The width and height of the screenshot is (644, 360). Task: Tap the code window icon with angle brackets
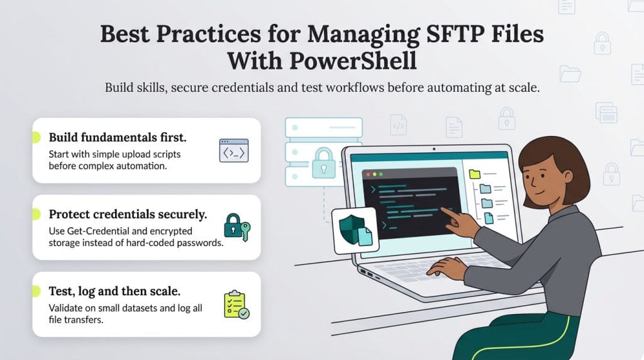point(233,152)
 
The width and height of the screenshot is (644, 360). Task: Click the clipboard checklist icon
point(236,305)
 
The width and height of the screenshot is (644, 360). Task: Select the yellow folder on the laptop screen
point(474,174)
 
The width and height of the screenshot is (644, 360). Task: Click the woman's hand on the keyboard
point(447,268)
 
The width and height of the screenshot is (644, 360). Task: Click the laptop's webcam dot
point(433,150)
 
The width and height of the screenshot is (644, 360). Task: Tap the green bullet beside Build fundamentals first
point(35,137)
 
